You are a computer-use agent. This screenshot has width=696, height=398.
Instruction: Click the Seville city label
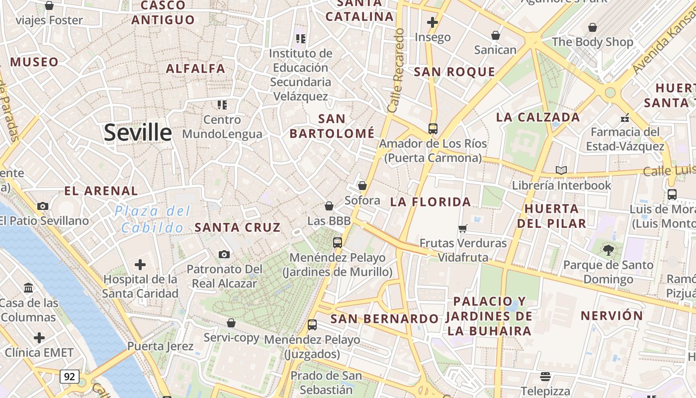[x=138, y=133]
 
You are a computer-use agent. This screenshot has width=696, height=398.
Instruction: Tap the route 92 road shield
[x=69, y=377]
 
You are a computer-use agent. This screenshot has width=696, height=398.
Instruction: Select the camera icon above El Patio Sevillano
[x=43, y=206]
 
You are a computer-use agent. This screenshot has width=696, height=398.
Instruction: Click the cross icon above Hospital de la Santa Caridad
[x=140, y=264]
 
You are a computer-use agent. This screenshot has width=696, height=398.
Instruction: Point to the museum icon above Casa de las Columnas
[x=28, y=288]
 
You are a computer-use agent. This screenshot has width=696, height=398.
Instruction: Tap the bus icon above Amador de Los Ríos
[x=433, y=129]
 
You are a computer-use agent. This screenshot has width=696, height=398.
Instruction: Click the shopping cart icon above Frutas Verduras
[x=463, y=228]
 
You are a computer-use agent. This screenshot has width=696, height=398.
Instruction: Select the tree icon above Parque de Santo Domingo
[x=608, y=250]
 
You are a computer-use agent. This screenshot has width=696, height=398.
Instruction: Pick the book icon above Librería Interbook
[x=561, y=171]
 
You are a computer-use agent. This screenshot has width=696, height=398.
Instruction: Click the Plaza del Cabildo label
[x=152, y=219]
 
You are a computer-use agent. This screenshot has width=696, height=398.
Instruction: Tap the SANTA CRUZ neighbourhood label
[x=238, y=227]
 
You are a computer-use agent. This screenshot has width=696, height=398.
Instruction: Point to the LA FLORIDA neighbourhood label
[x=431, y=201]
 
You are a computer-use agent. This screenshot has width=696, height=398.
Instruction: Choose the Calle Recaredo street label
[x=396, y=70]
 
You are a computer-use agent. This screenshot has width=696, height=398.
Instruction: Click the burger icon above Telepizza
[x=545, y=376]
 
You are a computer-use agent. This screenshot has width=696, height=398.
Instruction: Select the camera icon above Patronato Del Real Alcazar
[x=224, y=255]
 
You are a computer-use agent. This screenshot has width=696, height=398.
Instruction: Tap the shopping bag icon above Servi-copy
[x=231, y=323]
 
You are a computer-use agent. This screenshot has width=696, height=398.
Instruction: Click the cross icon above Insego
[x=433, y=22]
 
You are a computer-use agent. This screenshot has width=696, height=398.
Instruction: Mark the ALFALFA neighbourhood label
[x=195, y=69]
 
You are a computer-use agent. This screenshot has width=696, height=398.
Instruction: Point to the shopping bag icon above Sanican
[x=495, y=35]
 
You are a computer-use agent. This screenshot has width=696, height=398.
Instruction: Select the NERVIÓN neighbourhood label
[x=612, y=315]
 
